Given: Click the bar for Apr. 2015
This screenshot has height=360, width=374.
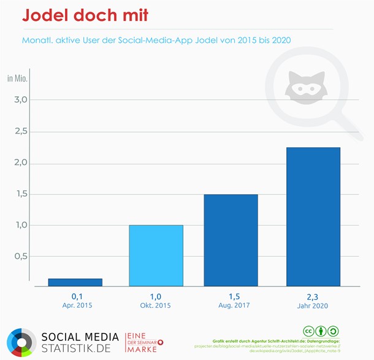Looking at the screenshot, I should [75, 282].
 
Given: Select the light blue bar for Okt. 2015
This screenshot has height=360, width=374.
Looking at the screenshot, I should [156, 256].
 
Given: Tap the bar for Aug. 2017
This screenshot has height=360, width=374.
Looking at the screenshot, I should [231, 240].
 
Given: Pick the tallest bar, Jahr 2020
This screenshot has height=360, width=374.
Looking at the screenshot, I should [313, 216].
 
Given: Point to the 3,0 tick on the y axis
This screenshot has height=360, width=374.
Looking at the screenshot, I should [20, 100].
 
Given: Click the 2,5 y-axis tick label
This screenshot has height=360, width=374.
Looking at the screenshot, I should [20, 131].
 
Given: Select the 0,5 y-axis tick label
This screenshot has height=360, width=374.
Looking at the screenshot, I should [20, 256].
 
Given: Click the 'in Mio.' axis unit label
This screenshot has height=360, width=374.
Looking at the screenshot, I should [17, 79].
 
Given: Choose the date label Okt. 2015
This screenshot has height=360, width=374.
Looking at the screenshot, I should [156, 305].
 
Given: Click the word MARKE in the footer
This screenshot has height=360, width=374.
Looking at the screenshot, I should [142, 349].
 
